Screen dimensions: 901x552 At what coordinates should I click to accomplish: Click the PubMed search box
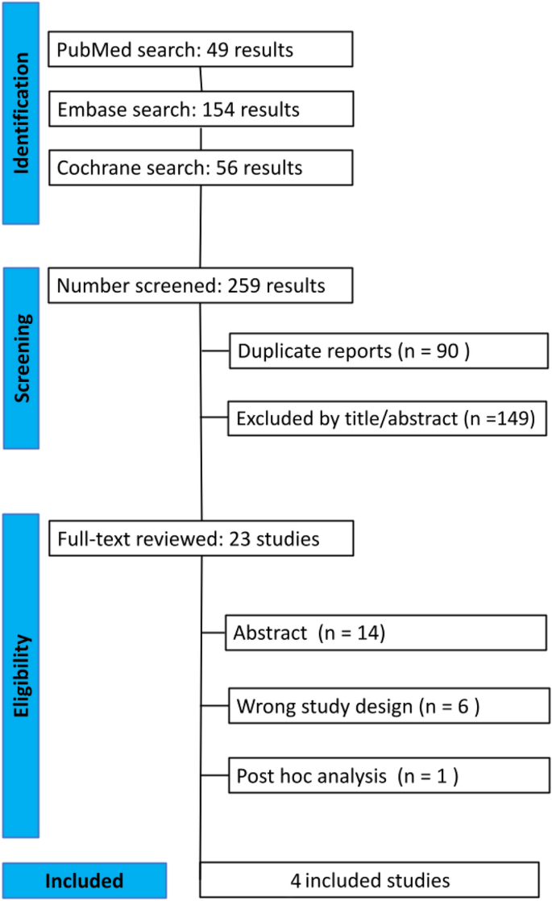click(201, 50)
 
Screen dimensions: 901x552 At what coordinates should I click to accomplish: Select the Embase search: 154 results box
click(201, 109)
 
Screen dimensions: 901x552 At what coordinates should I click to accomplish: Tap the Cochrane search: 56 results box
click(201, 168)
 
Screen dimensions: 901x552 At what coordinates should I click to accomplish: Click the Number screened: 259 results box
click(201, 286)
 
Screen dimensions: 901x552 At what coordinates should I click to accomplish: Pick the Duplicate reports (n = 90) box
click(388, 351)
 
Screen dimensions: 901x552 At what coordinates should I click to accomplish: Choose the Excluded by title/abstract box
click(388, 418)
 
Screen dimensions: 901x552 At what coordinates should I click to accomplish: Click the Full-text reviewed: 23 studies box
click(201, 538)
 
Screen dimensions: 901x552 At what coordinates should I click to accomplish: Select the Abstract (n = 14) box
click(388, 633)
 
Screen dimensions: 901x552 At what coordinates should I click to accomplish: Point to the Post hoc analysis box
click(388, 777)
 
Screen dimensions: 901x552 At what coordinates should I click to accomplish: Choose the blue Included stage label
click(84, 880)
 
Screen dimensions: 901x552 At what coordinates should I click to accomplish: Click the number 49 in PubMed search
click(213, 50)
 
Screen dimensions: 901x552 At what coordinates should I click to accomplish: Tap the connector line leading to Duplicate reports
click(214, 351)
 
